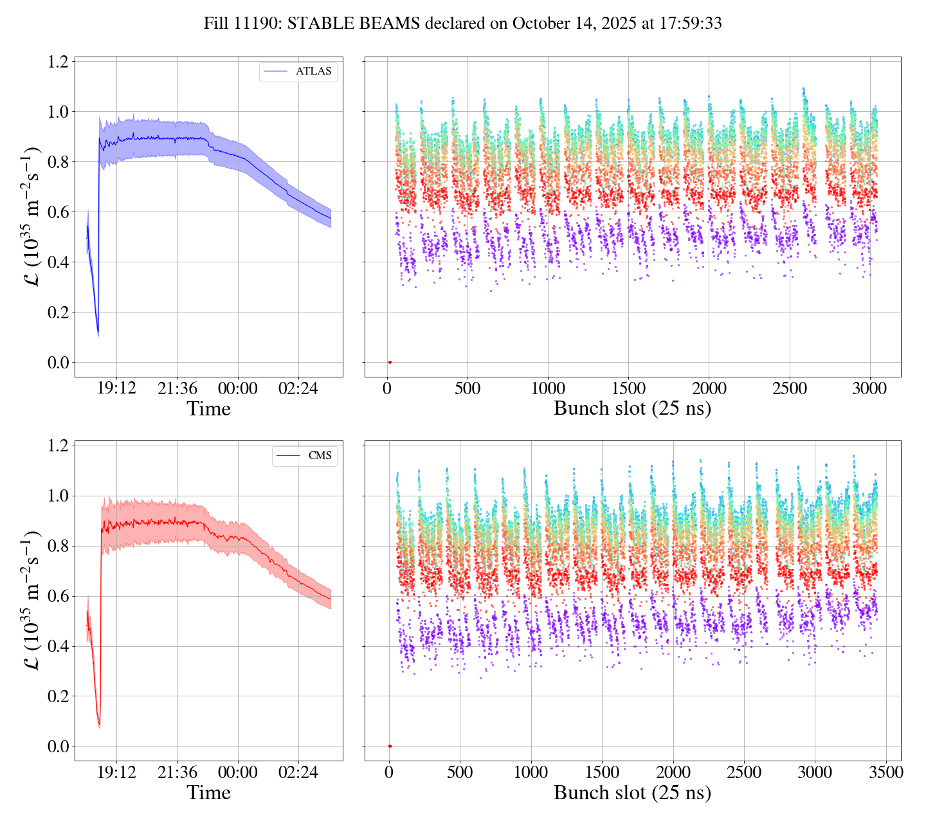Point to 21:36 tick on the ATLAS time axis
point(177,388)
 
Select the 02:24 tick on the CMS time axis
point(298,772)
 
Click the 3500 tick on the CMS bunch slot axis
point(885,772)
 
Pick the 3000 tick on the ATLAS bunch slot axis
point(869,388)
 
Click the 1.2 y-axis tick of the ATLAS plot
point(59,62)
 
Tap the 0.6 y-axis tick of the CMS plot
point(59,596)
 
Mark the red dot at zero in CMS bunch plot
point(390,746)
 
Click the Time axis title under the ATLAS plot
point(208,409)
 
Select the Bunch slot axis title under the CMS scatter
point(632,793)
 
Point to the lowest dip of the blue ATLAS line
point(98,333)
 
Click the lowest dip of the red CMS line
point(99,727)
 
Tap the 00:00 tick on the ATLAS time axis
point(238,388)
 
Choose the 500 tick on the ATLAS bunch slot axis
point(468,388)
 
